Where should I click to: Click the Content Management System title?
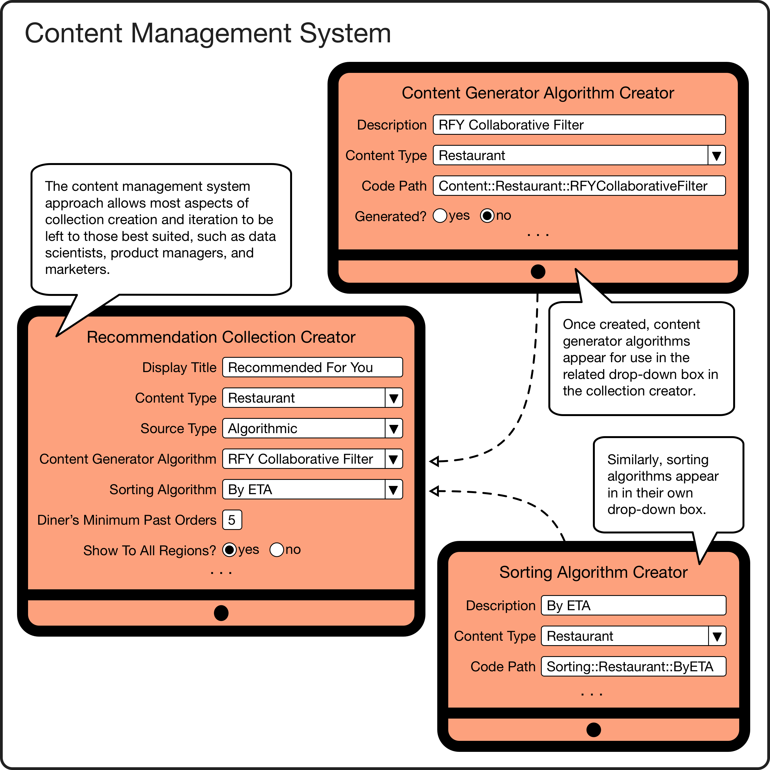coord(208,33)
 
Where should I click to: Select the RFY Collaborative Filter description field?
coord(579,125)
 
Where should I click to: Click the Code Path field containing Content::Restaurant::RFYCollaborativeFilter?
coord(579,186)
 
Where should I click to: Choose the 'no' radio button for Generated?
coord(487,216)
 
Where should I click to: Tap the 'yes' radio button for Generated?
coord(440,216)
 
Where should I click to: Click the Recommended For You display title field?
coord(312,367)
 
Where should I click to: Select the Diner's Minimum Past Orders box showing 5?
coord(232,520)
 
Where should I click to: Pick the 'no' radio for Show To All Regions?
coord(277,550)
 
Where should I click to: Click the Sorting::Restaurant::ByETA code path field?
coord(633,666)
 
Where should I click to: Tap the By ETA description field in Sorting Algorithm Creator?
coord(633,605)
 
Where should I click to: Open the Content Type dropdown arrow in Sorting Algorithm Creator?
coord(717,636)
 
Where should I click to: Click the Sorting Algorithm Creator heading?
coord(593,572)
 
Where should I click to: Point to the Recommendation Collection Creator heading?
coord(221,337)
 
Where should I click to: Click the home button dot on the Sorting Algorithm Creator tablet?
coord(593,730)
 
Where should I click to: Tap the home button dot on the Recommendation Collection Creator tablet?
coord(221,613)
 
